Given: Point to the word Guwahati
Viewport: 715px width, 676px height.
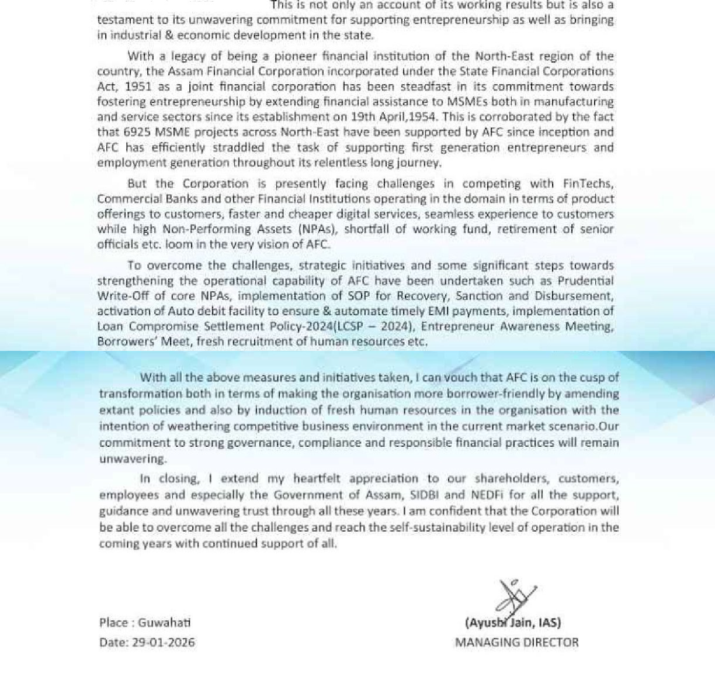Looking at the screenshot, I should click(164, 623).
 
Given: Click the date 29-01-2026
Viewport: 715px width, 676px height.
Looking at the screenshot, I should click(164, 642).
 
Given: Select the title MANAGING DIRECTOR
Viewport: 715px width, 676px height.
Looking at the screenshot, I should click(517, 642).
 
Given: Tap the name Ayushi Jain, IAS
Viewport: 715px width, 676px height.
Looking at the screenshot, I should click(513, 623).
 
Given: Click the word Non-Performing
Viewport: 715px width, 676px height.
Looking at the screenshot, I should click(198, 229).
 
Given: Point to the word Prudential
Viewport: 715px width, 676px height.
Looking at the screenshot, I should click(585, 281).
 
